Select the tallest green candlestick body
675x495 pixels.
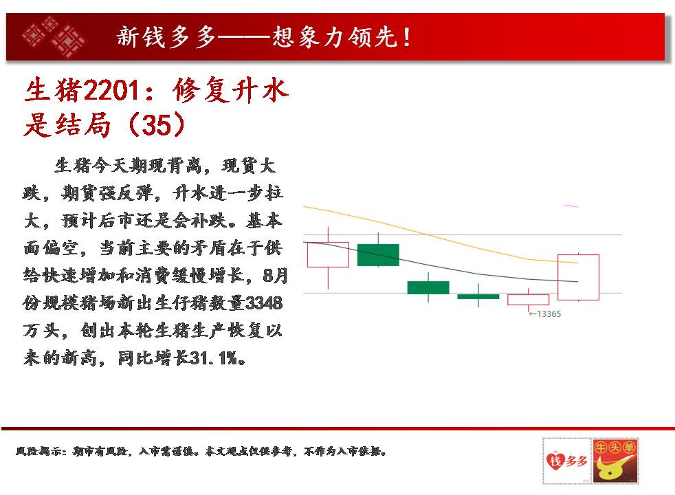[x=378, y=254]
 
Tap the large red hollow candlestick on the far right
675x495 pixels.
[x=578, y=277]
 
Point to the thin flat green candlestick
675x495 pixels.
[x=478, y=296]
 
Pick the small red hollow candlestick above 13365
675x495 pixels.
[x=528, y=300]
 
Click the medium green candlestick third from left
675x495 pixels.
[x=428, y=287]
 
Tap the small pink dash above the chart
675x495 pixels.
[x=571, y=206]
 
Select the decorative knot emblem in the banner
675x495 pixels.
[x=54, y=37]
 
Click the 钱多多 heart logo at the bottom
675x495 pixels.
[x=566, y=461]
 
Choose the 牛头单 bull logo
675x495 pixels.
[x=615, y=461]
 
